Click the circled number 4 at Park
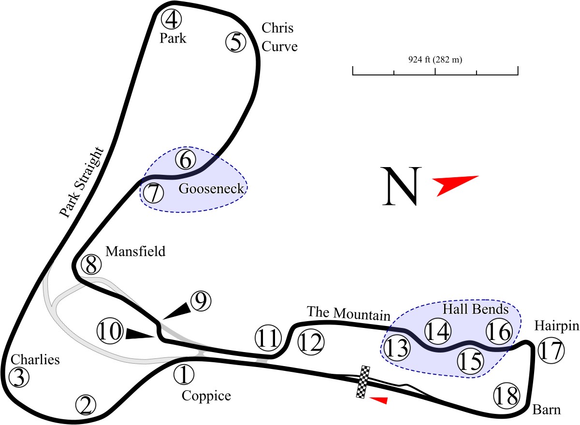(172, 19)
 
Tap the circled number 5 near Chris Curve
(236, 42)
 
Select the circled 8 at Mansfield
(91, 265)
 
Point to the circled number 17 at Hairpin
(551, 351)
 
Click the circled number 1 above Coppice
(184, 375)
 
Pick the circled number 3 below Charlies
(19, 377)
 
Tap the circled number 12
(311, 342)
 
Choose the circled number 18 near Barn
(507, 396)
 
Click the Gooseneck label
(211, 188)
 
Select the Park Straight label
(81, 183)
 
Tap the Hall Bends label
(476, 309)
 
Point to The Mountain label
(348, 313)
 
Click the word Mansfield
(135, 251)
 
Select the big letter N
(402, 186)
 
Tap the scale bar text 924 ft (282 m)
(435, 60)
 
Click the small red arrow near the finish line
(378, 400)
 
